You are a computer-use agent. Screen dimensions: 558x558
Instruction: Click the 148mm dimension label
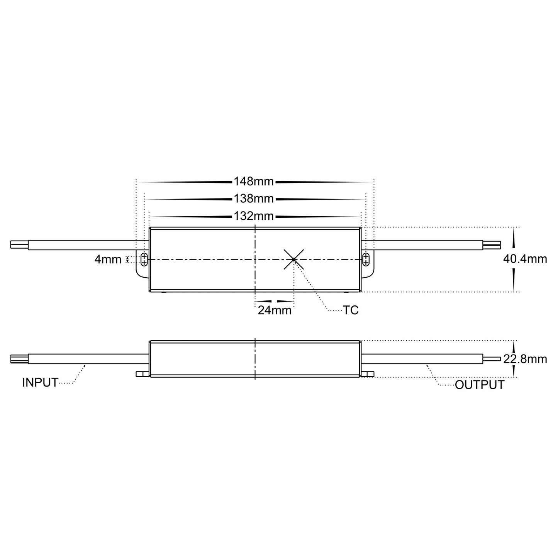254,181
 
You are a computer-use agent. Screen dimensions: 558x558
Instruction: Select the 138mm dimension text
254,199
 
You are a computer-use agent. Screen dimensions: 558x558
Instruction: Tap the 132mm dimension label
254,216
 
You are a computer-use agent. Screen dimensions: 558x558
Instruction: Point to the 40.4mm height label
525,259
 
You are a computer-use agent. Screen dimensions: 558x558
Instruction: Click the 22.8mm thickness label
525,360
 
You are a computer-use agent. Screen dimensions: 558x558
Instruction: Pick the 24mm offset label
275,310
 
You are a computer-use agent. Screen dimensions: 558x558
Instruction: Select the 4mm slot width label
108,259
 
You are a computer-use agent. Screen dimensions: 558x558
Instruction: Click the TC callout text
351,310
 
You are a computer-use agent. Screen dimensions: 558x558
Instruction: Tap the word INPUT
40,383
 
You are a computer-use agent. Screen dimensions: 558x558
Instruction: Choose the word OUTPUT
480,385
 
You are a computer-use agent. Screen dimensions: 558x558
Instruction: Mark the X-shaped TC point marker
294,259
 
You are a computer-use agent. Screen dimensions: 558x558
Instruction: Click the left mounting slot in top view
144,259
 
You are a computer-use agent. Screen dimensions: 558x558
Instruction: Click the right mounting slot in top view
366,259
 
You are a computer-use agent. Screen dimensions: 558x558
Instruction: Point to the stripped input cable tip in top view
19,245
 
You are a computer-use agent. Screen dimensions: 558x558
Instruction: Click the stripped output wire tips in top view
492,245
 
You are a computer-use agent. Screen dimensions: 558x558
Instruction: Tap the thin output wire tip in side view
492,359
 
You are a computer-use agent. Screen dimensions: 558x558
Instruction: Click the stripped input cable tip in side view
19,359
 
